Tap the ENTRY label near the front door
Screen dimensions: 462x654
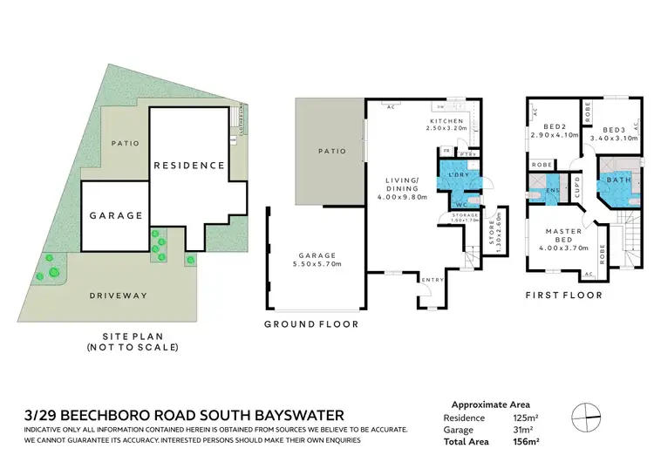point(432,280)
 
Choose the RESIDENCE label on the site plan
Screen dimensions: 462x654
point(189,165)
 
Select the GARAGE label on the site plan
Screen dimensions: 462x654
point(115,214)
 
